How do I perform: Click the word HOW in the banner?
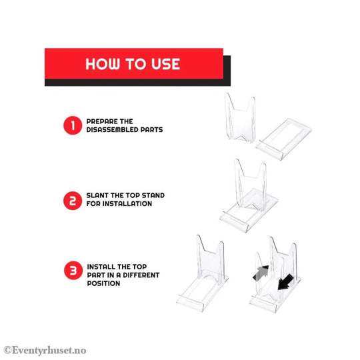(x=103, y=65)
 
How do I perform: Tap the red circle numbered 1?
(x=72, y=126)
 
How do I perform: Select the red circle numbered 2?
(x=72, y=200)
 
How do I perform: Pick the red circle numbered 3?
(x=72, y=271)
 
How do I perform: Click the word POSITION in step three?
(x=103, y=283)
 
